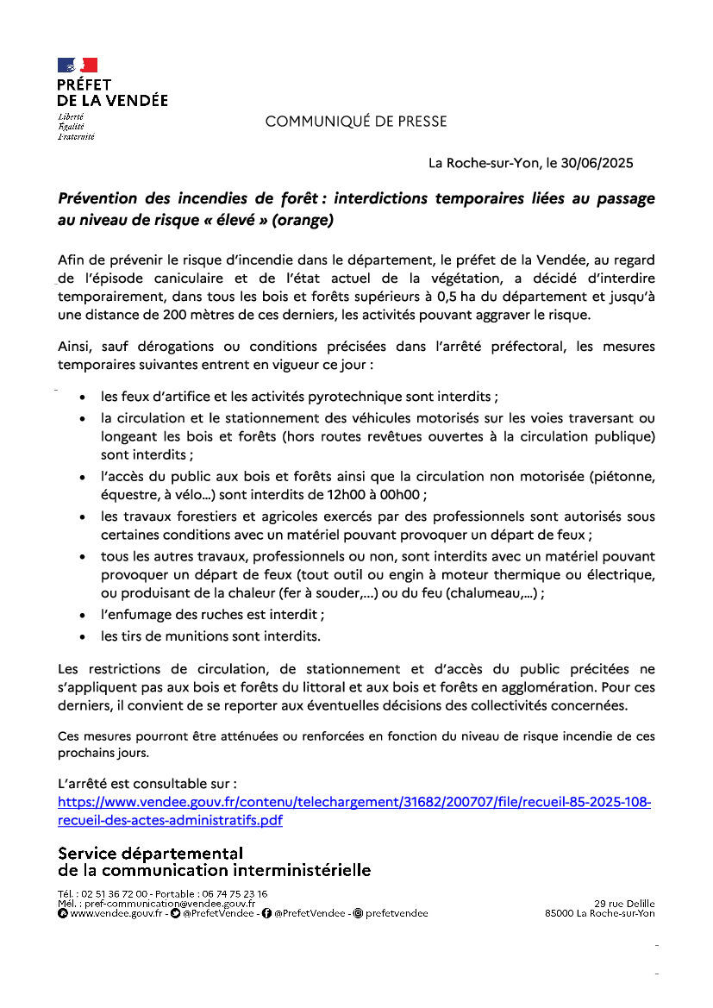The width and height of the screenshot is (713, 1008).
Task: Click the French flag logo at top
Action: pyautogui.click(x=78, y=65)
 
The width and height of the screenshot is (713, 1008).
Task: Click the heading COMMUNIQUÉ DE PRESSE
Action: pyautogui.click(x=355, y=122)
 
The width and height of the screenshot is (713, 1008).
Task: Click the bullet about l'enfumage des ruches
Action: pyautogui.click(x=212, y=616)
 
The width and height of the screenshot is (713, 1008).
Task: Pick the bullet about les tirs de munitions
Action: pyautogui.click(x=210, y=636)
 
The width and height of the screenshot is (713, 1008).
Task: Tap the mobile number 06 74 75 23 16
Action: pyautogui.click(x=239, y=894)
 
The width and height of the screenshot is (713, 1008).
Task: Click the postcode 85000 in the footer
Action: pyautogui.click(x=560, y=913)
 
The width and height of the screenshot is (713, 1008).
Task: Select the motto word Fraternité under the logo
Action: pyautogui.click(x=76, y=136)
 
